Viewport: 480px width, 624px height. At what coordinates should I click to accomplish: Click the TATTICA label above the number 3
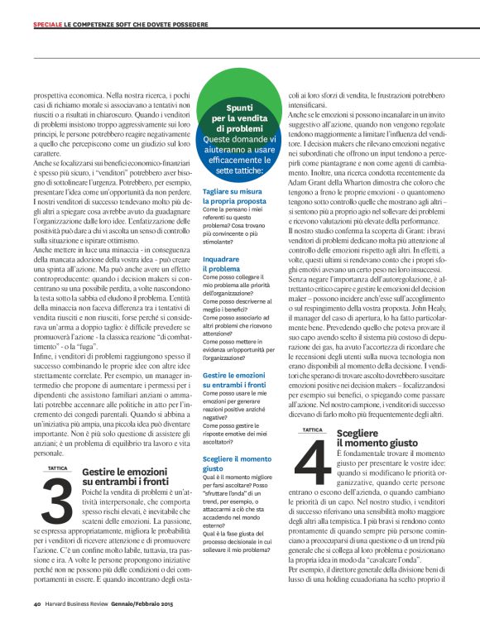[x=58, y=468]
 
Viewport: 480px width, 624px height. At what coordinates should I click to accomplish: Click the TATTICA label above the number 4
[x=313, y=430]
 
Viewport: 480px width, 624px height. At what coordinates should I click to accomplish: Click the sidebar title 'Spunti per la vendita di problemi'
[x=239, y=119]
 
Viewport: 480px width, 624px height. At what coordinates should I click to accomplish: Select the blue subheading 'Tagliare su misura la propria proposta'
[x=235, y=196]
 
